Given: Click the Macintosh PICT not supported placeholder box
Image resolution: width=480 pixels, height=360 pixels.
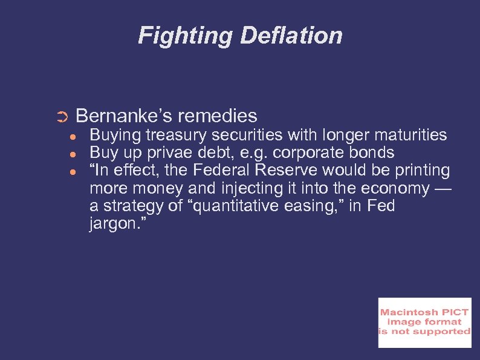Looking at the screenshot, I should (x=424, y=323).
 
